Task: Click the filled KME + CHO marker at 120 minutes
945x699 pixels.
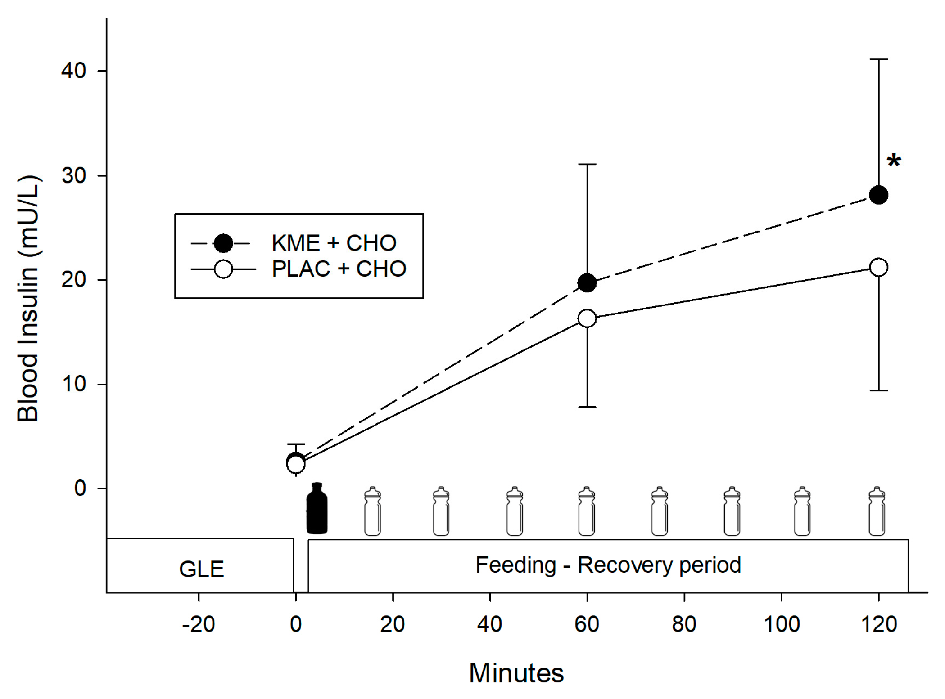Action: point(878,195)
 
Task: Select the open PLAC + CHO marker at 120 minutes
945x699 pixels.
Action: point(878,268)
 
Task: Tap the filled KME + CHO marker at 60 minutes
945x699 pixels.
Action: point(587,283)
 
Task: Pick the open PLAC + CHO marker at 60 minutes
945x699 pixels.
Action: point(587,318)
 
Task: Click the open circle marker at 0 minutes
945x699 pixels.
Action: point(295,464)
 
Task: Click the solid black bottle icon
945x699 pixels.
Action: point(317,509)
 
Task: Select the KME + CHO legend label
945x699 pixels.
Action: point(334,243)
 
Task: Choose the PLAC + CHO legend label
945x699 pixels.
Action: point(339,269)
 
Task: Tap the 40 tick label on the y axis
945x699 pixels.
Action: point(73,71)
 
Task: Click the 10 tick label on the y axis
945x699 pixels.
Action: point(73,384)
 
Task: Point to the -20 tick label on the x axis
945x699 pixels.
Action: point(198,624)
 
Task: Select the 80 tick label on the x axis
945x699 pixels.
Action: point(684,624)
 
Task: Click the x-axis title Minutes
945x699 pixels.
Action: point(516,673)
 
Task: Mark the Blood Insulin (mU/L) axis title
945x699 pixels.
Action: point(28,299)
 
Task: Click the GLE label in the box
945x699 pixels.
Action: point(201,569)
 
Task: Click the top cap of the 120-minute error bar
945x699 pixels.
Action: point(878,59)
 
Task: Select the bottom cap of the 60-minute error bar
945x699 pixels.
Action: point(587,407)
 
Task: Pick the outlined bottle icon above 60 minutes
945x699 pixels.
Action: point(586,511)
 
